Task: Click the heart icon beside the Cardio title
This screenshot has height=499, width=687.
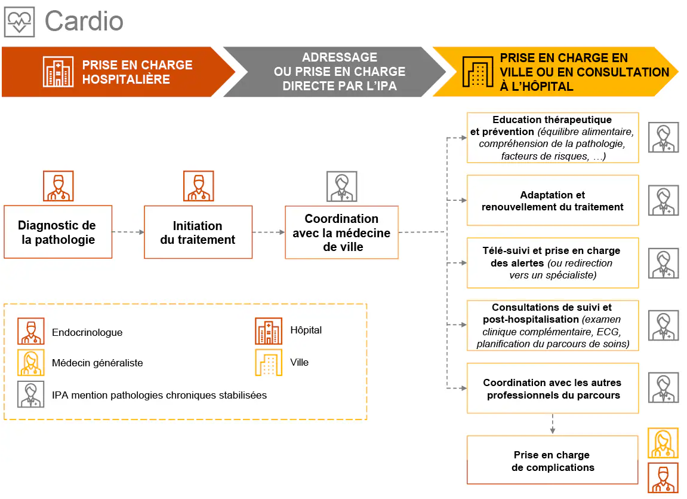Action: point(20,22)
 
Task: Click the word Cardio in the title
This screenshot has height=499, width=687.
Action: point(84,22)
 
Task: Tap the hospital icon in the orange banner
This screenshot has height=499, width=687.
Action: point(58,72)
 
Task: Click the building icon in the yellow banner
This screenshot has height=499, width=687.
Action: point(478,72)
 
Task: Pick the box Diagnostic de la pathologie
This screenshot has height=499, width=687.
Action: point(57,232)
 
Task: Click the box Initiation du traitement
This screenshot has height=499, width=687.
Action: point(198,232)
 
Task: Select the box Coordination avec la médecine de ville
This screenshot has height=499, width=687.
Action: point(341,232)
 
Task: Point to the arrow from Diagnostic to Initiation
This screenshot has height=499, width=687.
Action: point(128,232)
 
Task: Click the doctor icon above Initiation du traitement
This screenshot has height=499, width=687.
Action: point(198,186)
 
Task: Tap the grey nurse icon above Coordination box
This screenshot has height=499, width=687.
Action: point(341,186)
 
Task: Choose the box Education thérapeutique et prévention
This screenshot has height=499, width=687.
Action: point(552,137)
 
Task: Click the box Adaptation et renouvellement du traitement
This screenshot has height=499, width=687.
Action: point(552,200)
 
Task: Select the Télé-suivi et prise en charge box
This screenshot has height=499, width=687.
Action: point(552,263)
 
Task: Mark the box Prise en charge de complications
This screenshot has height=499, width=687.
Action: point(552,460)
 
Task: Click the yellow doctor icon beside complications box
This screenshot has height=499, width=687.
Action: point(663,443)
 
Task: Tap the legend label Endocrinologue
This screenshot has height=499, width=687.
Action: point(87,332)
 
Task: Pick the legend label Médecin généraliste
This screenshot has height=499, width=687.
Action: point(97,363)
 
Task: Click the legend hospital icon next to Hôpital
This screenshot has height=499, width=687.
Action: point(269,331)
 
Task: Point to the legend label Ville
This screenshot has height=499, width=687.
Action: point(299,362)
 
